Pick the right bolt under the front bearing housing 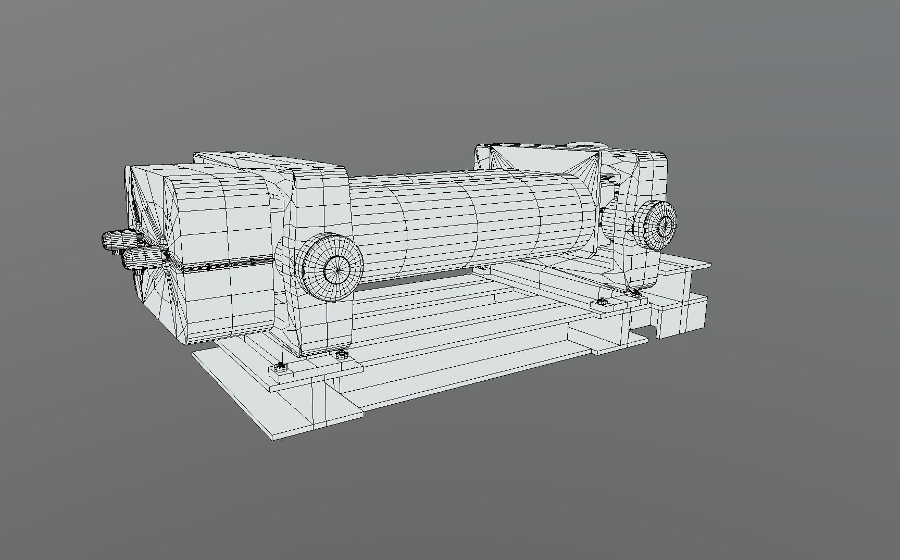(342, 355)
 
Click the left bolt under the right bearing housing (601, 302)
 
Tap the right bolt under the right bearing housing (635, 295)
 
